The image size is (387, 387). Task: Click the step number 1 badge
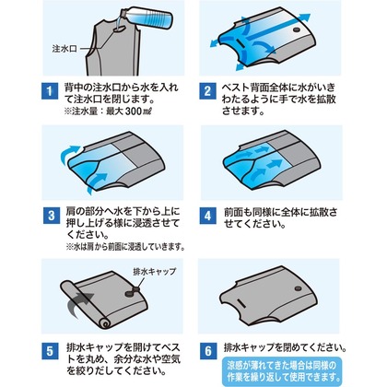click(x=50, y=91)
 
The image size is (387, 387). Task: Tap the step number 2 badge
click(x=207, y=91)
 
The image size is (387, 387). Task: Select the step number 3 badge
click(x=52, y=216)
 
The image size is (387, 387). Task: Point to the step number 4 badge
click(x=208, y=216)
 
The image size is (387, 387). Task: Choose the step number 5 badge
click(x=50, y=351)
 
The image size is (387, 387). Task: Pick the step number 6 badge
click(x=208, y=351)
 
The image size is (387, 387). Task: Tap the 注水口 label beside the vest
click(x=64, y=49)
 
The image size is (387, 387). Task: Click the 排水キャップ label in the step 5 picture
click(x=155, y=272)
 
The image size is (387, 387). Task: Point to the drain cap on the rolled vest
click(x=132, y=291)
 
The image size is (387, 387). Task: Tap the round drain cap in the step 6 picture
click(x=298, y=288)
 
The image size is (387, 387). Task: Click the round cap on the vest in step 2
click(x=297, y=30)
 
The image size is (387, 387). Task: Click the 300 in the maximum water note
click(x=134, y=111)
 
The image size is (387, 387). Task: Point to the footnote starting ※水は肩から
click(x=125, y=247)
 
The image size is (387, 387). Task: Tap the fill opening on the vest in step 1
click(x=121, y=29)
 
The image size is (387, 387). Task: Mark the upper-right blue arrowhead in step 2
click(x=305, y=18)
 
